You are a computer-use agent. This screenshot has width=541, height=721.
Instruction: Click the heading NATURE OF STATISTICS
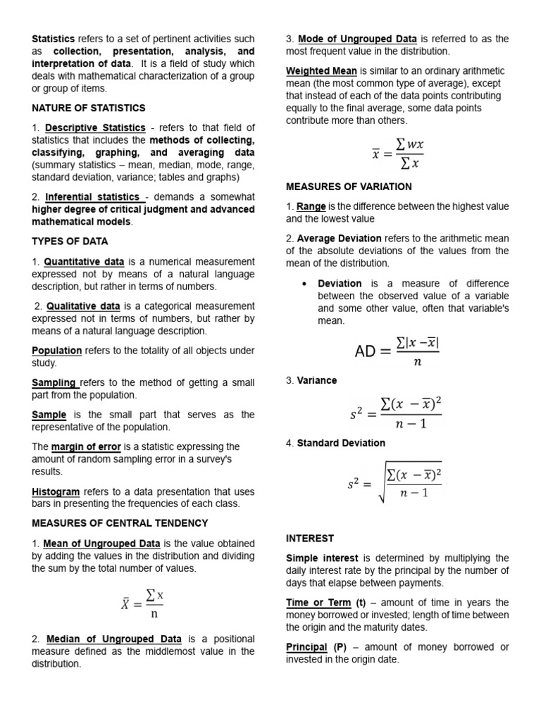(89, 108)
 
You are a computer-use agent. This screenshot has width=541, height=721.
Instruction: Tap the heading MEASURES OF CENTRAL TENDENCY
(120, 523)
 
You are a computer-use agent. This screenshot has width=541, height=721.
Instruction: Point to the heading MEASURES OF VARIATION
(349, 187)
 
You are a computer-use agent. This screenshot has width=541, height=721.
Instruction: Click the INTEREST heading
(310, 539)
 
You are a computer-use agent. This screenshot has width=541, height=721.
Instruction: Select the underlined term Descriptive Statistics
(95, 128)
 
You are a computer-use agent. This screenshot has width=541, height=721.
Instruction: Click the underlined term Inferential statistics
(92, 197)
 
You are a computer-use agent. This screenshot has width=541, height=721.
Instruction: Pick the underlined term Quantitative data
(82, 262)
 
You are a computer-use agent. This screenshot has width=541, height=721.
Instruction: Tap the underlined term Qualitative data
(83, 306)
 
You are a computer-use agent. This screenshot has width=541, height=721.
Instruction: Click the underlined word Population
(57, 351)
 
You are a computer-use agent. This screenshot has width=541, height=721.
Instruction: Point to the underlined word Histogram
(56, 491)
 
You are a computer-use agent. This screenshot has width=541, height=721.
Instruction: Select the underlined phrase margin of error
(86, 447)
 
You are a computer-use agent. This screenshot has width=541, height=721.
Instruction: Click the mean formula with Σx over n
(142, 604)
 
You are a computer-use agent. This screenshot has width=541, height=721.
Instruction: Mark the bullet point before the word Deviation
(303, 284)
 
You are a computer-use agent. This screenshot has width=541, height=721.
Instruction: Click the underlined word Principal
(306, 647)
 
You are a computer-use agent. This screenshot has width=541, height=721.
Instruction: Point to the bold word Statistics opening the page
(54, 39)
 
